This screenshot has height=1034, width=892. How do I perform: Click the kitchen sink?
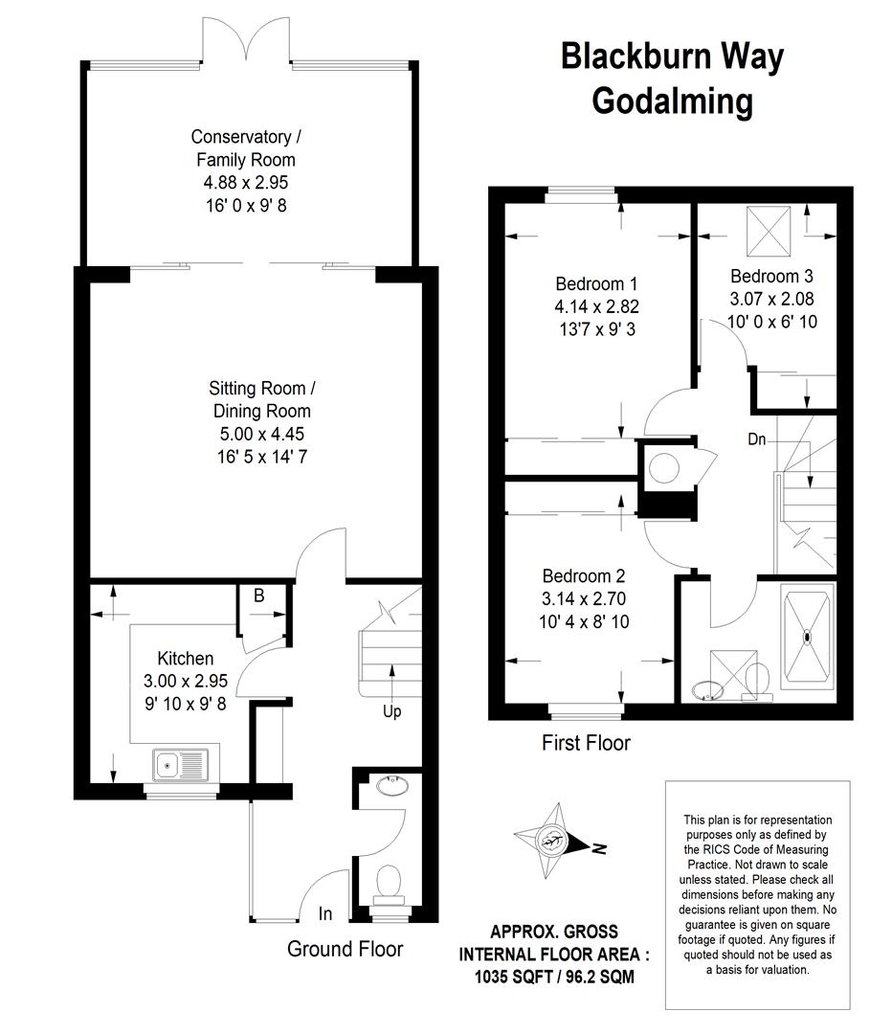[x=180, y=765]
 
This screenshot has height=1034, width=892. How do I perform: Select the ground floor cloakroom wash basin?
[x=391, y=785]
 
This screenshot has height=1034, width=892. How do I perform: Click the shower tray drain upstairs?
[x=807, y=637]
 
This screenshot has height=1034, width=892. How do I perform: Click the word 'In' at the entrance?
[x=325, y=913]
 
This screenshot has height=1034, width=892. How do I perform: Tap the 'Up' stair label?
[x=391, y=711]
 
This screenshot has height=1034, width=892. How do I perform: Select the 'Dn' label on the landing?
[x=757, y=438]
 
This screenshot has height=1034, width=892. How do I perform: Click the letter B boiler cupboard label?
[x=259, y=596]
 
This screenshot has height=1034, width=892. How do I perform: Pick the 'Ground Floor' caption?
[x=345, y=949]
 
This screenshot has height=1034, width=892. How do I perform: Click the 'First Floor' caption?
[x=586, y=743]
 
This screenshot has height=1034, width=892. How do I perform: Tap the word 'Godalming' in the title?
[x=673, y=102]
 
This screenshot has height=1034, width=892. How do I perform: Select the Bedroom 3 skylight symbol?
[x=768, y=231]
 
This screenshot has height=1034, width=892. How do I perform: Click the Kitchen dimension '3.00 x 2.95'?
[x=186, y=681]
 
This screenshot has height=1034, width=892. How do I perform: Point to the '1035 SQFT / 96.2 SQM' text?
[x=554, y=976]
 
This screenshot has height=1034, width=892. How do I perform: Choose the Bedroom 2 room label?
[x=584, y=575]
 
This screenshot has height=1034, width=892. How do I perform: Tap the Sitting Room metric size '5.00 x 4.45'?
[x=261, y=434]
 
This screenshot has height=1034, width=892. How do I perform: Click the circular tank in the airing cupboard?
[x=664, y=468]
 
